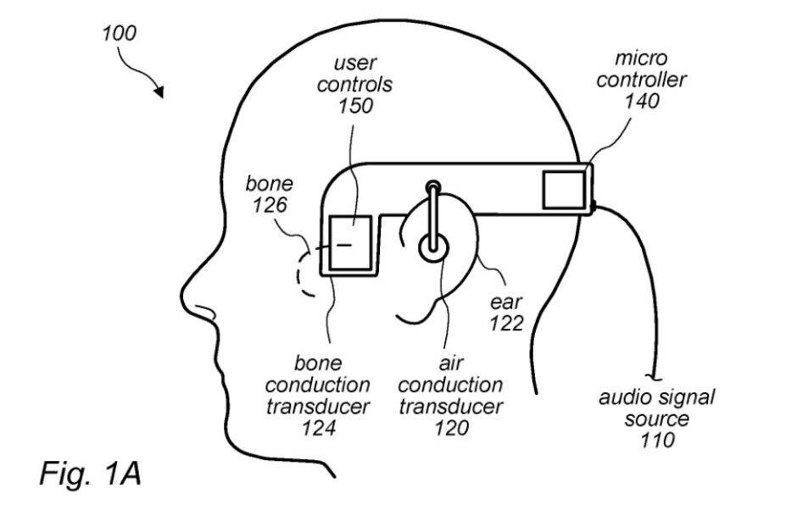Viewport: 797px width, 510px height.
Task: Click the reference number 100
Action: pyautogui.click(x=118, y=34)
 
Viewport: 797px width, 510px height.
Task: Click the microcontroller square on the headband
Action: pyautogui.click(x=564, y=187)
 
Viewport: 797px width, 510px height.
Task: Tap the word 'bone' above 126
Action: pyautogui.click(x=269, y=184)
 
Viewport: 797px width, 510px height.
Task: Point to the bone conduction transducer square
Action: pyautogui.click(x=350, y=244)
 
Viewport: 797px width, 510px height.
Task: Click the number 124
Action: pyautogui.click(x=319, y=428)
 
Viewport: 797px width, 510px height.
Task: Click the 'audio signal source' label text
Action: pyautogui.click(x=657, y=407)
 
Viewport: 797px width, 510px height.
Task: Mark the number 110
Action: pyautogui.click(x=658, y=440)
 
